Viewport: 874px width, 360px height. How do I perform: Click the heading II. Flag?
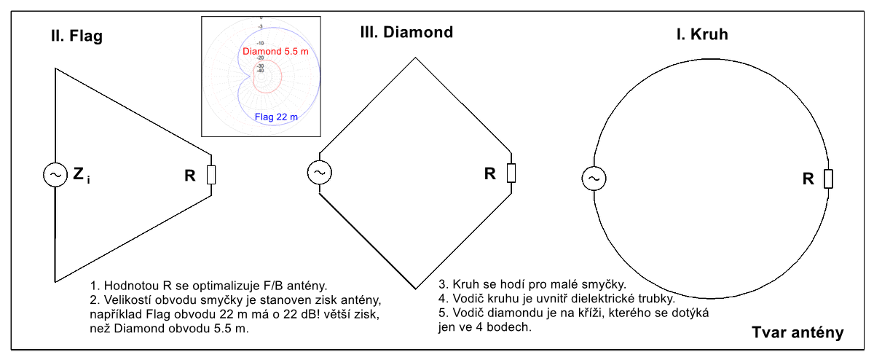tap(71, 36)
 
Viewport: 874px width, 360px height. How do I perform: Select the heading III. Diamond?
tap(406, 32)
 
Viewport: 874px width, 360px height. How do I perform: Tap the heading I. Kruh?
tap(702, 34)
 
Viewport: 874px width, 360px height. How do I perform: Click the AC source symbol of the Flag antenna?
tap(55, 175)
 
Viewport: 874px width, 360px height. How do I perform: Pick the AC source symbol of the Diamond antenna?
tap(319, 173)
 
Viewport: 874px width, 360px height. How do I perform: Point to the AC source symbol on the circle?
tap(594, 178)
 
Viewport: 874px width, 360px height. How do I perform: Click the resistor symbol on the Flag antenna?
tap(211, 175)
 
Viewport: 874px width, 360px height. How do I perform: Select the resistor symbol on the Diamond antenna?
tap(512, 173)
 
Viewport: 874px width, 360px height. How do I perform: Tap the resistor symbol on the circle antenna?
tap(828, 179)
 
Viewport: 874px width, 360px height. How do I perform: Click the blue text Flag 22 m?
tap(275, 116)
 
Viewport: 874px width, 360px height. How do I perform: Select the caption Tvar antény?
tap(798, 333)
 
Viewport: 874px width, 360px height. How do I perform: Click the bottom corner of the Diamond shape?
tap(416, 288)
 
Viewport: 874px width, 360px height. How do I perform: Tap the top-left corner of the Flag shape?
tap(55, 69)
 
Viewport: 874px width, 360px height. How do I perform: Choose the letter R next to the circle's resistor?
tap(808, 179)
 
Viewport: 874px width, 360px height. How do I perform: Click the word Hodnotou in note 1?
tap(129, 285)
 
